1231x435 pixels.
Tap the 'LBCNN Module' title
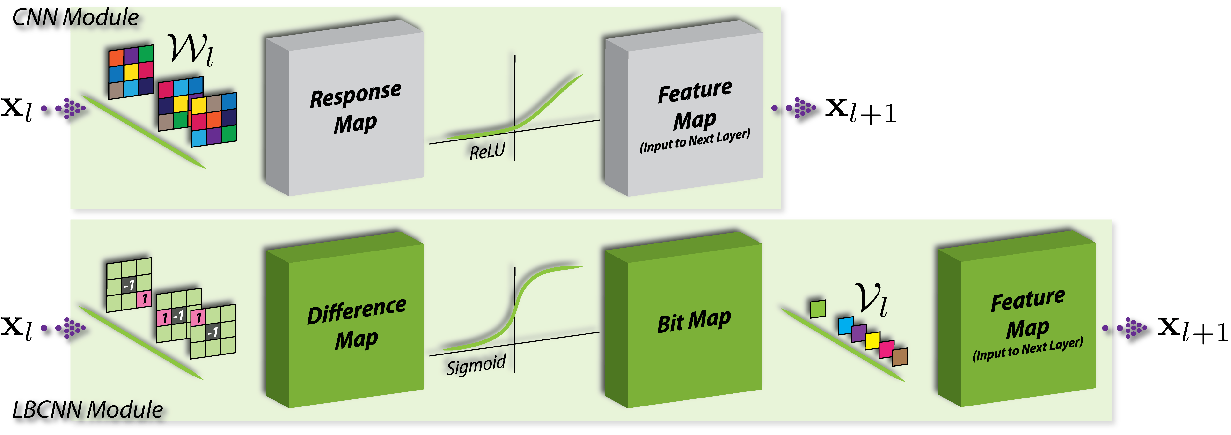pyautogui.click(x=88, y=410)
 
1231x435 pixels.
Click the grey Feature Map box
pyautogui.click(x=683, y=108)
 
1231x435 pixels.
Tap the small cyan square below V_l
pyautogui.click(x=846, y=325)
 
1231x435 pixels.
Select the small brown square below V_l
pyautogui.click(x=900, y=357)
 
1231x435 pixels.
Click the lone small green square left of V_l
pyautogui.click(x=818, y=309)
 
